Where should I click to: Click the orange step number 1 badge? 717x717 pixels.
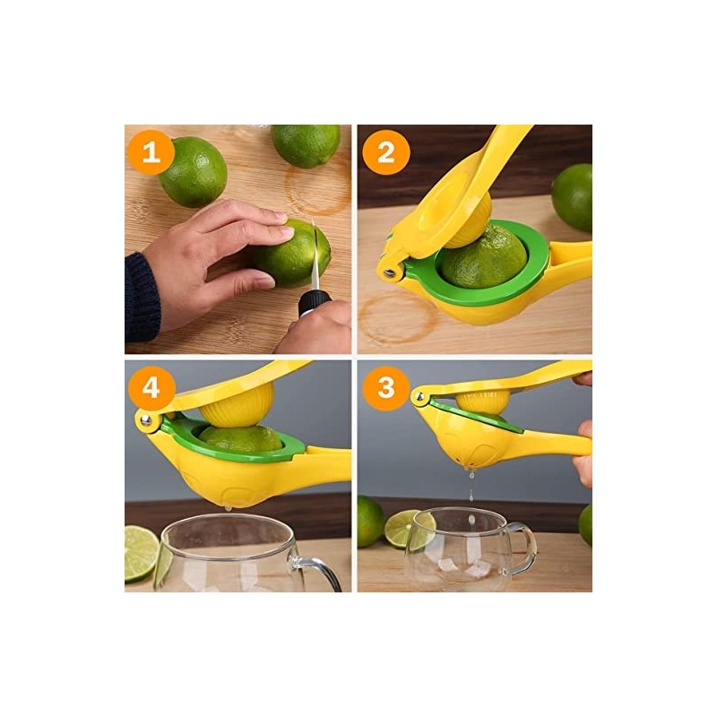pyautogui.click(x=151, y=153)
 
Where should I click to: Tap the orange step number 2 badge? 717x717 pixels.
pyautogui.click(x=385, y=153)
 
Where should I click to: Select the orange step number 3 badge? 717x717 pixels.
pyautogui.click(x=385, y=387)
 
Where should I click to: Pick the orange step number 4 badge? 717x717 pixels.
pyautogui.click(x=151, y=387)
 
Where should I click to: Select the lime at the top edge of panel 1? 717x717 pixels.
pyautogui.click(x=305, y=143)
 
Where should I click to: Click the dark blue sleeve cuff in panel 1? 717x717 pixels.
pyautogui.click(x=141, y=296)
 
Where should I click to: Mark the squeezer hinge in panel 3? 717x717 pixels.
pyautogui.click(x=419, y=394)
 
